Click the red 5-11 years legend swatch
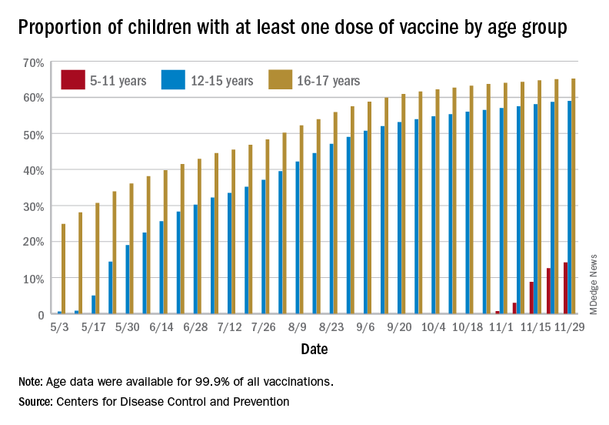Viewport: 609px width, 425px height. (74, 79)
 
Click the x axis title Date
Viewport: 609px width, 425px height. (314, 349)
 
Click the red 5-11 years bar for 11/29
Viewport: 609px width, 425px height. (566, 289)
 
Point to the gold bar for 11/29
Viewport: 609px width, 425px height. (574, 196)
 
